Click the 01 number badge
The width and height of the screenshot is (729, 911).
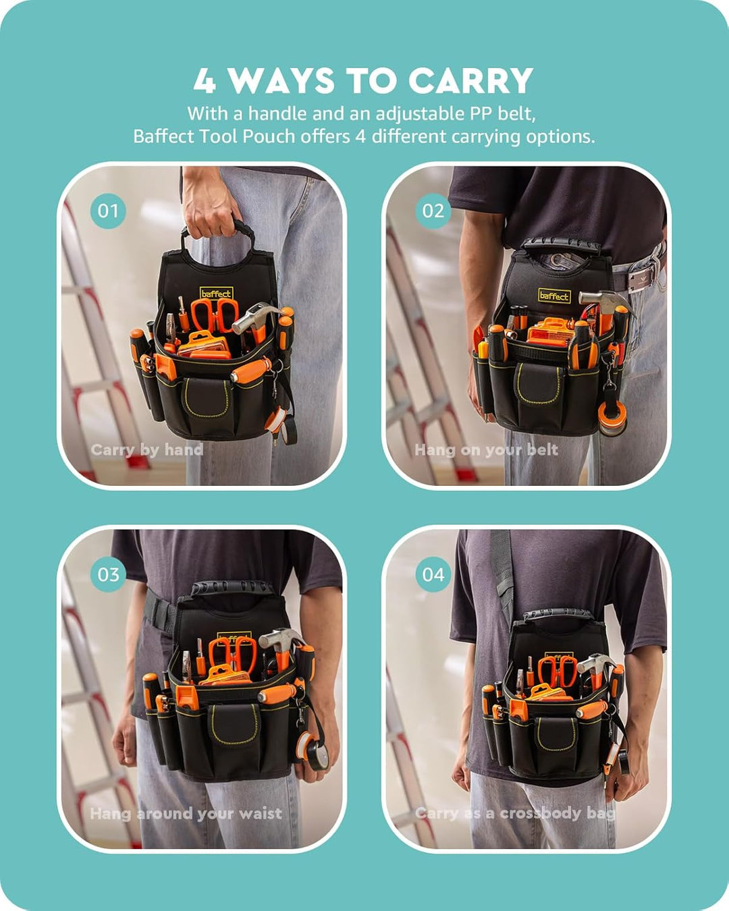click(x=108, y=211)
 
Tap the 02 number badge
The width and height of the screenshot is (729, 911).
click(x=433, y=211)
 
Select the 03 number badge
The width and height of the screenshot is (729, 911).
click(x=108, y=574)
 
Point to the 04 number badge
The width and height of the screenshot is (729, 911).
click(x=433, y=574)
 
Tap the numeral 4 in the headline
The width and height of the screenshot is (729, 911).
click(x=205, y=80)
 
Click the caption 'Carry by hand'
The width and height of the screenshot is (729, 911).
click(x=147, y=449)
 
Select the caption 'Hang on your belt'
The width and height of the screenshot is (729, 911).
click(x=486, y=449)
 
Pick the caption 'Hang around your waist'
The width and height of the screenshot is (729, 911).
click(x=186, y=813)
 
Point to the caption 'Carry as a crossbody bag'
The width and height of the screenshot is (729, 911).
click(x=515, y=813)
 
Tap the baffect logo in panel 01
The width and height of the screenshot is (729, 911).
click(x=217, y=294)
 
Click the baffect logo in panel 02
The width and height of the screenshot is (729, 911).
click(x=554, y=296)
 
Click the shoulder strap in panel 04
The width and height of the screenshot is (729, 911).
click(x=503, y=576)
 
